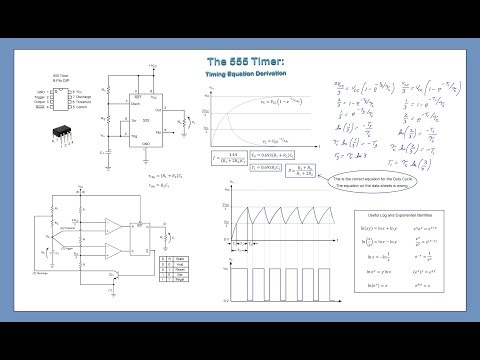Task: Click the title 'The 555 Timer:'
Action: [x=240, y=63]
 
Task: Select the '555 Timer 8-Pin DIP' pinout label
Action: [x=62, y=77]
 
